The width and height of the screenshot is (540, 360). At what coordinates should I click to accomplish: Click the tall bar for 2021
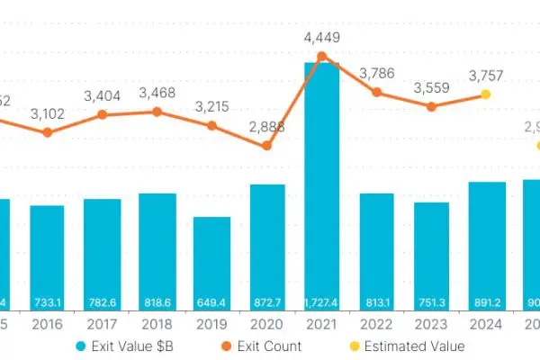(322, 180)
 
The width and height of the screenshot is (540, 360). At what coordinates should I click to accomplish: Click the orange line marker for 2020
(267, 146)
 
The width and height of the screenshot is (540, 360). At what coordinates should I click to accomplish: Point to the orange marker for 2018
(157, 112)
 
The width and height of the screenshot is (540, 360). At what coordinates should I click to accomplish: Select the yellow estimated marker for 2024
(486, 94)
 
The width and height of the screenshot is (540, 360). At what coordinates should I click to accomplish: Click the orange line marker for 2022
(377, 92)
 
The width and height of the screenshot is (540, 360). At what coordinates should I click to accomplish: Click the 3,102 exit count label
(48, 114)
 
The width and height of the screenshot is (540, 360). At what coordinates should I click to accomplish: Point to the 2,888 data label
(266, 127)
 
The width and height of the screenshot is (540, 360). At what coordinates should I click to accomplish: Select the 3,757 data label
(486, 76)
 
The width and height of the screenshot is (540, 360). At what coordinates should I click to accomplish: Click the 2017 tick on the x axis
(103, 324)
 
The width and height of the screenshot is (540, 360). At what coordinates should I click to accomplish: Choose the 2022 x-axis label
(377, 324)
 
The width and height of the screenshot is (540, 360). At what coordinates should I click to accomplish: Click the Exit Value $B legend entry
(121, 346)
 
